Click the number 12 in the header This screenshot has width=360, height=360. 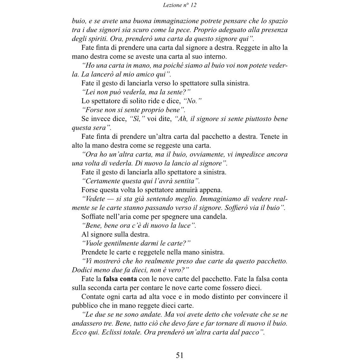pyautogui.click(x=193, y=5)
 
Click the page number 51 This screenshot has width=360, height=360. pyautogui.click(x=180, y=355)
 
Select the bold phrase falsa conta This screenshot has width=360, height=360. pyautogui.click(x=120, y=279)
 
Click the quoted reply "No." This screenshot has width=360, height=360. pyautogui.click(x=192, y=101)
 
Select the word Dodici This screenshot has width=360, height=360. pyautogui.click(x=82, y=270)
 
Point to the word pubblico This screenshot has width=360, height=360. pyautogui.click(x=84, y=306)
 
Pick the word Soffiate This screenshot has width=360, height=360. pyautogui.click(x=93, y=217)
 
